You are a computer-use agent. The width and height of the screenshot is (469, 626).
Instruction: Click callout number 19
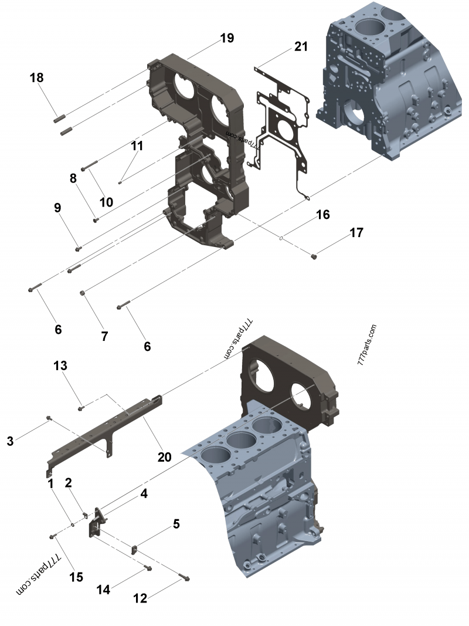click(x=227, y=38)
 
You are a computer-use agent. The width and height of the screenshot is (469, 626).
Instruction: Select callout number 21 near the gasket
click(x=301, y=47)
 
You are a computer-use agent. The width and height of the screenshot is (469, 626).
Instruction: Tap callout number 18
click(x=36, y=77)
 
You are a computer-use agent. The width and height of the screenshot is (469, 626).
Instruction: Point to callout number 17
click(x=356, y=233)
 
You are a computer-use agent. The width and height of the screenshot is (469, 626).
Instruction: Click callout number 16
click(x=323, y=215)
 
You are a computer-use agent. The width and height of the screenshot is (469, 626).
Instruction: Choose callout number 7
click(x=104, y=336)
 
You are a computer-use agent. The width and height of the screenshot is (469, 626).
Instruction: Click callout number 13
click(x=60, y=365)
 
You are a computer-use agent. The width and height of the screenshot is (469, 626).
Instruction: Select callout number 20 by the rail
click(x=164, y=456)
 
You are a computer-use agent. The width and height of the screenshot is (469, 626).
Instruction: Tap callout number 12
click(x=140, y=598)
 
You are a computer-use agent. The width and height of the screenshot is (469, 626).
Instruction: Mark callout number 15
click(x=76, y=577)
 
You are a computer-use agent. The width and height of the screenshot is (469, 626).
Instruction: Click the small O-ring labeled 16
click(x=282, y=238)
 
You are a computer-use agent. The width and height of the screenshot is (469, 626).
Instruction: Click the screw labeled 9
click(x=77, y=248)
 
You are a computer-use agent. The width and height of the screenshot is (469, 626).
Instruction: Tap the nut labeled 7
click(x=84, y=292)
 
